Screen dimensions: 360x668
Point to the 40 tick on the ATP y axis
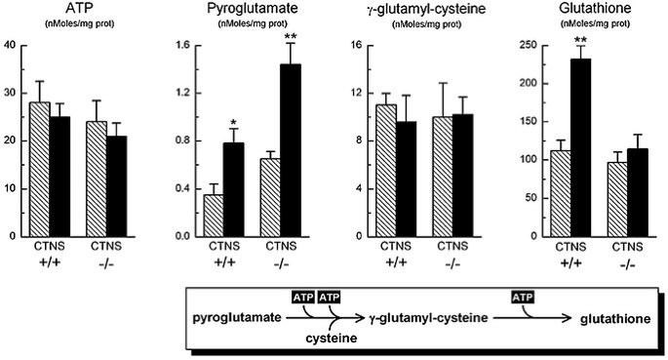pyautogui.click(x=10, y=46)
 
